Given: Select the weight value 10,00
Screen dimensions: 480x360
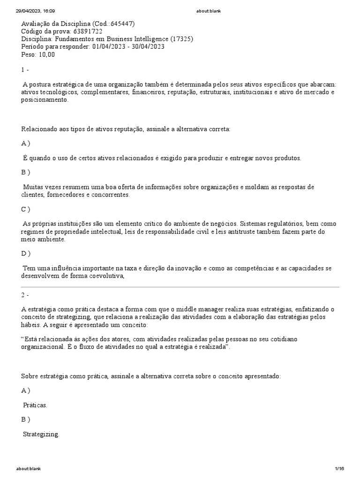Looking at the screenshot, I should click(x=46, y=54).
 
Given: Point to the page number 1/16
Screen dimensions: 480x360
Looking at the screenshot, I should click(x=339, y=468).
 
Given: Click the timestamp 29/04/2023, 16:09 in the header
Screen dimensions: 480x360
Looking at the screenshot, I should click(x=35, y=11).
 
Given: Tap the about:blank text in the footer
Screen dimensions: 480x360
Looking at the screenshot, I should click(x=29, y=468).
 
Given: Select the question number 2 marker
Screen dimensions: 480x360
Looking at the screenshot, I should click(x=25, y=295).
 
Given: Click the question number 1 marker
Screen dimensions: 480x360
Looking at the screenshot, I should click(x=25, y=69).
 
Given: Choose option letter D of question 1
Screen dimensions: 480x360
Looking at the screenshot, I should click(x=26, y=254).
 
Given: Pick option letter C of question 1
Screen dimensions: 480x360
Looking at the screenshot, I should click(x=26, y=209).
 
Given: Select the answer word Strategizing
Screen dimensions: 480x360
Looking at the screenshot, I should click(x=41, y=434).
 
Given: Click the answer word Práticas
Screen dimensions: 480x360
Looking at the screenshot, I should click(x=35, y=405).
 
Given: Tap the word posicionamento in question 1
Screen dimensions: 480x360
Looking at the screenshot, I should click(x=45, y=100).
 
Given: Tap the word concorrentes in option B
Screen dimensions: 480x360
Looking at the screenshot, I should click(x=110, y=195).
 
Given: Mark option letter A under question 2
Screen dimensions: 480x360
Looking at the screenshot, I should click(x=26, y=390).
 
